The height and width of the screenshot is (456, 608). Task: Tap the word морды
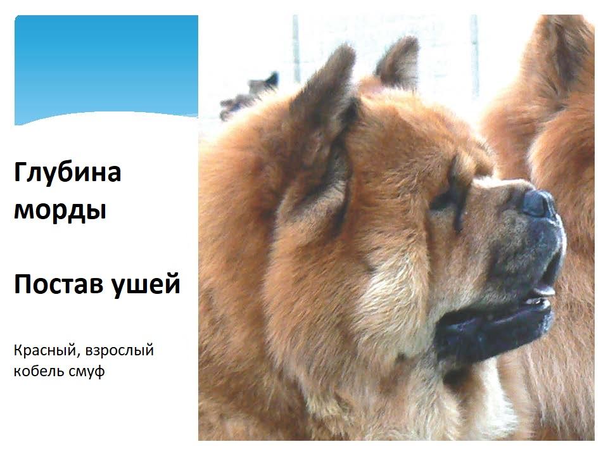60,210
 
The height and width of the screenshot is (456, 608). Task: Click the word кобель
37,371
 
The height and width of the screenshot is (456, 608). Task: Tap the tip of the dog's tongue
545,290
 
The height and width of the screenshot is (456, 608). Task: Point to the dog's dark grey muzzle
524,248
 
